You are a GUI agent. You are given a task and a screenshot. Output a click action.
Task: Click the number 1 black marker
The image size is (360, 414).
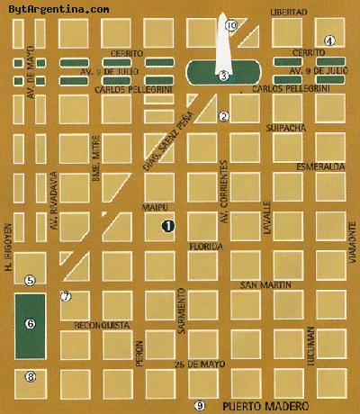click(x=167, y=226)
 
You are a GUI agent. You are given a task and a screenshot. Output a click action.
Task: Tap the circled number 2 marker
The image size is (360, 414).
click(x=224, y=116)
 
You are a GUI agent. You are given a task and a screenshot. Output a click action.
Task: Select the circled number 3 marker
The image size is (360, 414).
click(x=222, y=76)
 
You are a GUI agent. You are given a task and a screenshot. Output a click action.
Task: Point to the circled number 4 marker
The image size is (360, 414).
click(x=330, y=40)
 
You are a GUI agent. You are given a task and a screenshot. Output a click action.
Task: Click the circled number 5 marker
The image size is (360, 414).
click(x=30, y=281)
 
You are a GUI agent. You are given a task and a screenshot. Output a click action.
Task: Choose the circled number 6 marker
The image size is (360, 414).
click(x=30, y=323)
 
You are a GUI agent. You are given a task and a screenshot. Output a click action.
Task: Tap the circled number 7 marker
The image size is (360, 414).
click(x=65, y=296)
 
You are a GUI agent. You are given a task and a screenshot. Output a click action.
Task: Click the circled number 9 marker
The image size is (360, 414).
click(x=200, y=405)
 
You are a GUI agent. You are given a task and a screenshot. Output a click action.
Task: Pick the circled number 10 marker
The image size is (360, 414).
click(x=231, y=26)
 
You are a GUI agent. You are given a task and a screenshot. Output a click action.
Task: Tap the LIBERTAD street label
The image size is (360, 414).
click(x=288, y=13)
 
